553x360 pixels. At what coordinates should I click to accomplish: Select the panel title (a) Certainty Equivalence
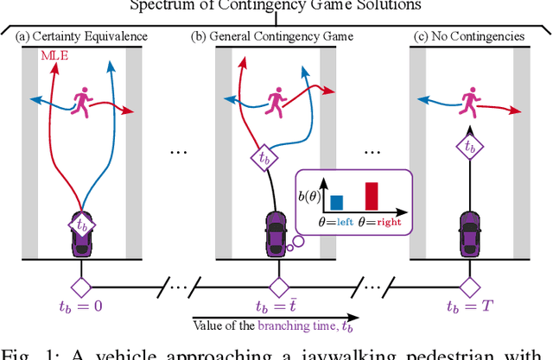[81, 36]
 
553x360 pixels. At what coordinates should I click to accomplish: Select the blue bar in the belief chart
[337, 201]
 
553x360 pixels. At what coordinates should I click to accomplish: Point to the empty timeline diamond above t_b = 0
[81, 285]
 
